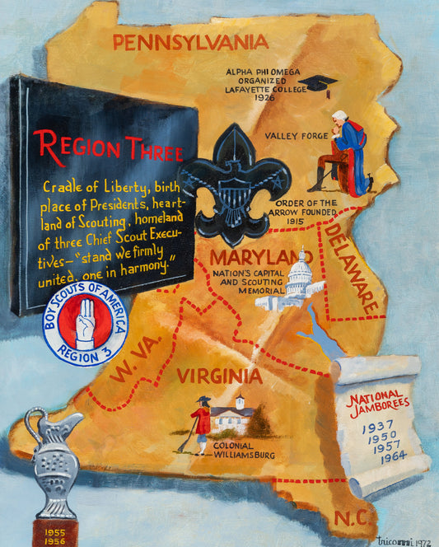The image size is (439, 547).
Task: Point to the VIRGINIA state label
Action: click(x=218, y=376)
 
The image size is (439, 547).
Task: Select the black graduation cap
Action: click(x=318, y=84)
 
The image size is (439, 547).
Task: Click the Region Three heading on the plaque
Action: click(x=102, y=147)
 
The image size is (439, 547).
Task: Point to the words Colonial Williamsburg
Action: click(x=242, y=449)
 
